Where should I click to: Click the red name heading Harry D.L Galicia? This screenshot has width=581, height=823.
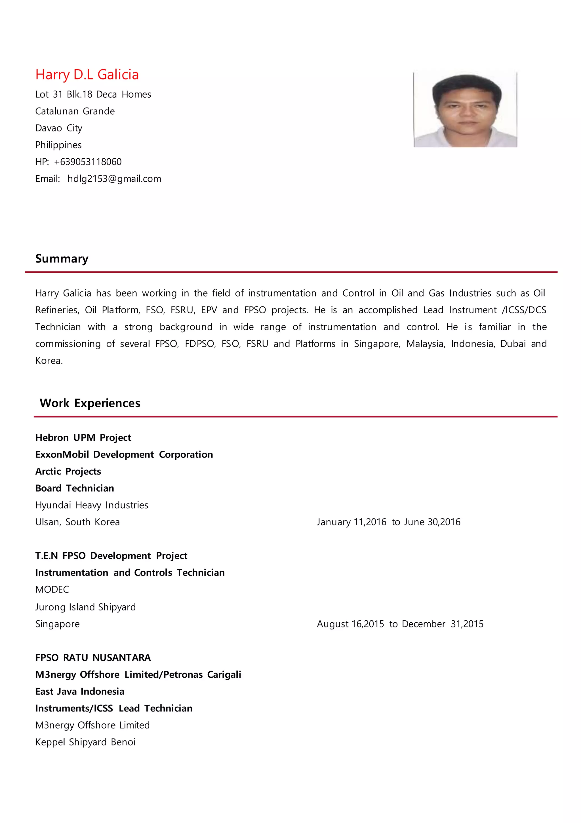87,75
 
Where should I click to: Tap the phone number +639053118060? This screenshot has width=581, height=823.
88,162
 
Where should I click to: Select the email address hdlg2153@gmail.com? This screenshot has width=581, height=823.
114,179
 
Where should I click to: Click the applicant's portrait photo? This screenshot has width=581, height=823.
465,109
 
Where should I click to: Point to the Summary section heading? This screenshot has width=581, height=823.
62,259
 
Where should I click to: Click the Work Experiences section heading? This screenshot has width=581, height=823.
90,403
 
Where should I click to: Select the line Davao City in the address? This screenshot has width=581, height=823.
59,128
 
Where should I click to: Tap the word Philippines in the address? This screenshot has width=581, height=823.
58,145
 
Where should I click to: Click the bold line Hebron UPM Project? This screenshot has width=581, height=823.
83,437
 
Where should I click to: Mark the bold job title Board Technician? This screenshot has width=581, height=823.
75,488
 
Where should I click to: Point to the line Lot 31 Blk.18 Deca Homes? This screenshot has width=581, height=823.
93,94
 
